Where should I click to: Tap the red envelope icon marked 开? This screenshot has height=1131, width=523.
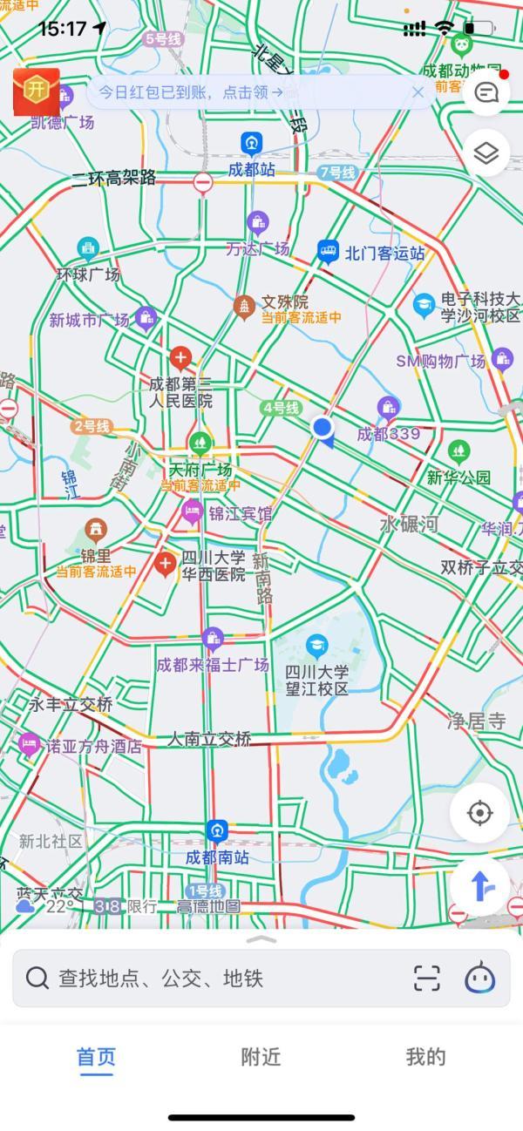tap(36, 91)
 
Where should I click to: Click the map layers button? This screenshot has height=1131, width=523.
tap(486, 153)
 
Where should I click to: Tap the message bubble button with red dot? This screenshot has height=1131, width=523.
tap(486, 91)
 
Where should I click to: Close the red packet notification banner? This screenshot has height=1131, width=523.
tap(418, 92)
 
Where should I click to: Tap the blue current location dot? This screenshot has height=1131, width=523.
tap(323, 427)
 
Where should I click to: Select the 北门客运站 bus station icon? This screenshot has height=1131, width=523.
tap(328, 253)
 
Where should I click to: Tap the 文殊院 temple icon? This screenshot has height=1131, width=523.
tap(244, 306)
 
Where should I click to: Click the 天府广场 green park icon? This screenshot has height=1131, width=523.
tap(200, 444)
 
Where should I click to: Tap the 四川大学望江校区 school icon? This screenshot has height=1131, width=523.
tap(317, 646)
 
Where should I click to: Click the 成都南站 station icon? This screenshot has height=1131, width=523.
tap(217, 831)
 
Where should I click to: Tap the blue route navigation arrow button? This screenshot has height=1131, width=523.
tap(479, 886)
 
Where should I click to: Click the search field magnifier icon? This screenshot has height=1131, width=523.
tap(37, 978)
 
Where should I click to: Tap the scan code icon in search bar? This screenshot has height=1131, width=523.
tap(426, 978)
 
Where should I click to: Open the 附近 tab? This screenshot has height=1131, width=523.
tap(261, 1057)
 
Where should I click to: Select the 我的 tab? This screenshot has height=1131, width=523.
tap(425, 1057)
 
